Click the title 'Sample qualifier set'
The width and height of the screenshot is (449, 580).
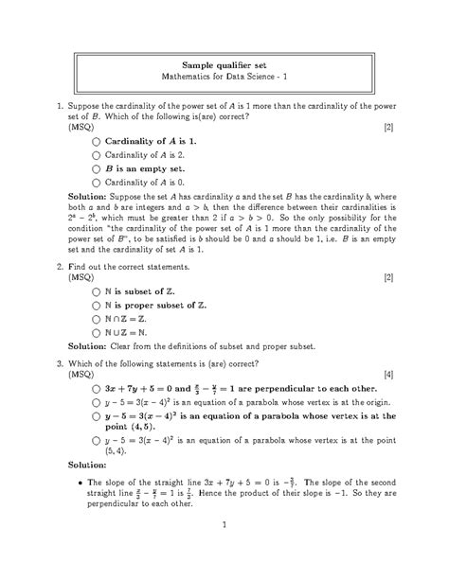(x=224, y=62)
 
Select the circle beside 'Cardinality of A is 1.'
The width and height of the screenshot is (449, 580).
(x=96, y=140)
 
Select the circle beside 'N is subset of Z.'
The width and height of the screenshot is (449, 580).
(x=96, y=292)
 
